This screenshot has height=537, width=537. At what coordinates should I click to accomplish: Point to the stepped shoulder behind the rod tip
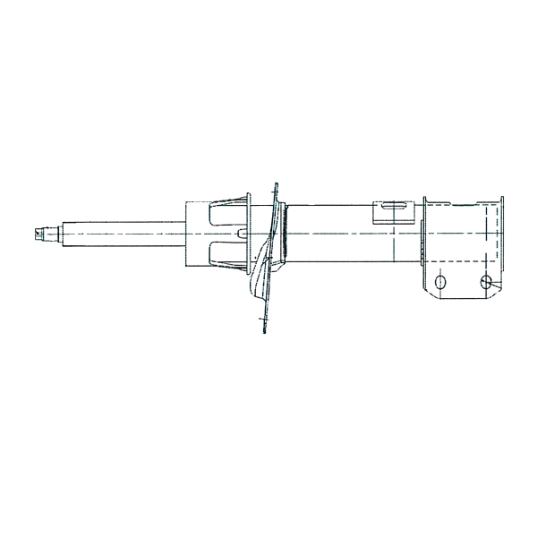[x=54, y=234]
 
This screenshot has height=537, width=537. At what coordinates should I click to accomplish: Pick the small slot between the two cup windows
[x=242, y=234]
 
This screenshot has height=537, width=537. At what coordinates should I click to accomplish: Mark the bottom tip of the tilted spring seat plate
[x=265, y=331]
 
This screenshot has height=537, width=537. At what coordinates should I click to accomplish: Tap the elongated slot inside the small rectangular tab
[x=395, y=208]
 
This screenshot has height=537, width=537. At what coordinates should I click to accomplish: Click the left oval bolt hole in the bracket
[x=439, y=283]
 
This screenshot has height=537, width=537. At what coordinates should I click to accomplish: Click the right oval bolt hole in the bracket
[x=486, y=283]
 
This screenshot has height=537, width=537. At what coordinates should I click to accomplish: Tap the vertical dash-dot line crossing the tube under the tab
[x=394, y=246]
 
